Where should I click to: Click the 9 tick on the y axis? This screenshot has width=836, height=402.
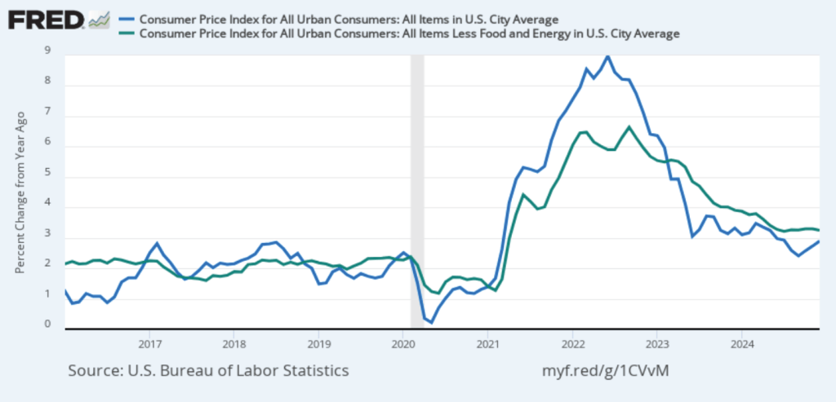48,51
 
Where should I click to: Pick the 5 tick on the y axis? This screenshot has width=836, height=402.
48,173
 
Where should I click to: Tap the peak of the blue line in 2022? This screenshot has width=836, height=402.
607,55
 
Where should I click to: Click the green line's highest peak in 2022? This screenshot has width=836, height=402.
629,126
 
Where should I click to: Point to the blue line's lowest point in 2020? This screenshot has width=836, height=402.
432,323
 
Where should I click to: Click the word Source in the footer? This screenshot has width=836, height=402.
96,370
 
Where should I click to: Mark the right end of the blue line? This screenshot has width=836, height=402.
819,241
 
